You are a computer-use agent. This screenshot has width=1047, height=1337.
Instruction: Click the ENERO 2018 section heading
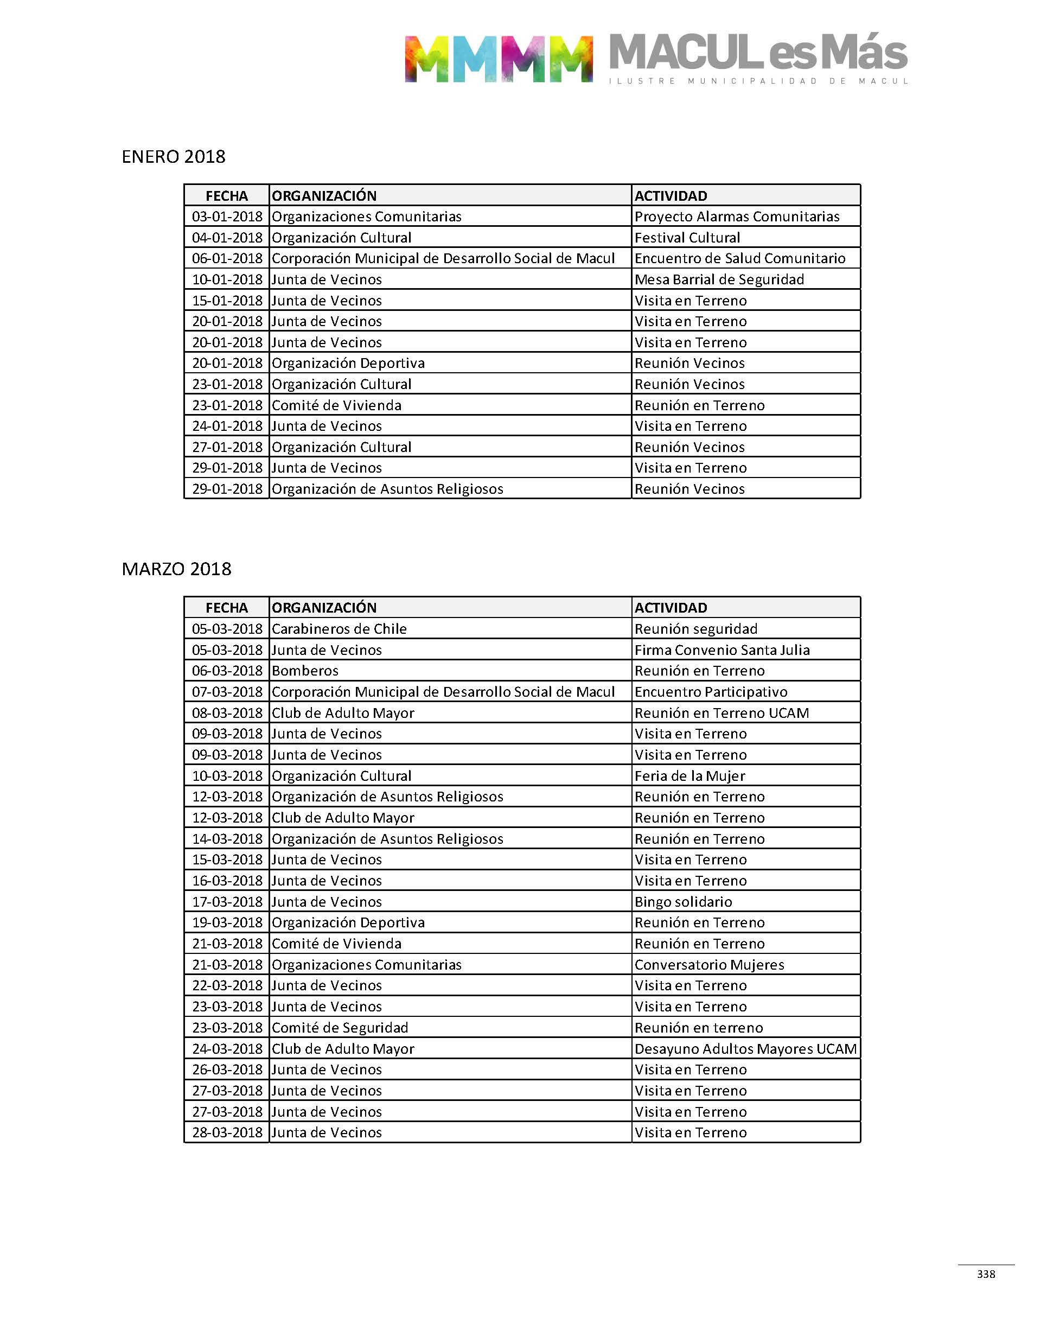point(174,157)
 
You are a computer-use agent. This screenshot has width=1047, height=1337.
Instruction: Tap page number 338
point(986,1274)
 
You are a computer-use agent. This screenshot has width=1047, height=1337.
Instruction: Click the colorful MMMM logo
point(498,59)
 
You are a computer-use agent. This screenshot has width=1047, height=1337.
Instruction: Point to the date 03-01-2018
point(227,217)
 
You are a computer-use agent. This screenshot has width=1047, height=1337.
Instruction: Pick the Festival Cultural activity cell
point(687,238)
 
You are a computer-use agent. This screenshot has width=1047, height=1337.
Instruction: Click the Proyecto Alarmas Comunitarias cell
point(737,217)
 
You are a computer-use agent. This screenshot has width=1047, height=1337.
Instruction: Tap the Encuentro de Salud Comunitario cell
point(740,259)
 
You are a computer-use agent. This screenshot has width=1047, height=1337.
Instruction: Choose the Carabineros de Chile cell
point(339,629)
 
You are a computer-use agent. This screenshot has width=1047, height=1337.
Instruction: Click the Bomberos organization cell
point(305,671)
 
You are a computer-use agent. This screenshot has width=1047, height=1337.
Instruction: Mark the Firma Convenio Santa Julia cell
point(722,650)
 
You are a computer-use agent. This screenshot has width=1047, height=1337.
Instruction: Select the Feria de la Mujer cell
point(690,776)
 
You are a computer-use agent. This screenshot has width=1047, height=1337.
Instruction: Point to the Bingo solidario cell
point(684,902)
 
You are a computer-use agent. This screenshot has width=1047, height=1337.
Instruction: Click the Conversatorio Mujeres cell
point(709,965)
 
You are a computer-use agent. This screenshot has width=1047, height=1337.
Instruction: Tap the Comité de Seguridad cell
point(340,1028)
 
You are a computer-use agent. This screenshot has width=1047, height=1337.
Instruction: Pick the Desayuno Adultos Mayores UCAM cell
point(745,1049)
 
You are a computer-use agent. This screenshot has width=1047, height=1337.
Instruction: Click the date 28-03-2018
point(227,1133)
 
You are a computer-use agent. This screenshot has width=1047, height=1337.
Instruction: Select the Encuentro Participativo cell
point(711,692)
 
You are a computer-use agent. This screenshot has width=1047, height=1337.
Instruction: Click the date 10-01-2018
point(227,279)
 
